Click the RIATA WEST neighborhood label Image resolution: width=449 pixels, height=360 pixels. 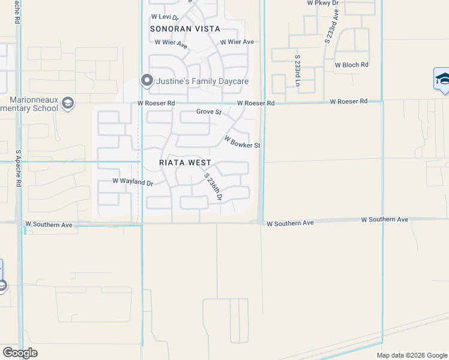(x=185, y=163)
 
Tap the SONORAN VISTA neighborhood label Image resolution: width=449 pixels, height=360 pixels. (x=185, y=29)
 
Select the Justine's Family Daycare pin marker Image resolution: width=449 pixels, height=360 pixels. (x=146, y=80)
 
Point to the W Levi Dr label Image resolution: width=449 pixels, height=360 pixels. (x=165, y=17)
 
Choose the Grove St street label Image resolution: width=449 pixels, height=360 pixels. (x=209, y=112)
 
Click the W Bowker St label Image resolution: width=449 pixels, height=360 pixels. (x=242, y=142)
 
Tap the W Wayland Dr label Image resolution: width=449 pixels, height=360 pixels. (x=133, y=181)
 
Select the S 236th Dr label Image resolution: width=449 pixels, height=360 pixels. (x=213, y=187)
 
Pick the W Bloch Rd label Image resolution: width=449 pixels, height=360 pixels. (x=351, y=65)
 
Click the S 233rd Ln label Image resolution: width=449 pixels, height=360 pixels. (x=297, y=70)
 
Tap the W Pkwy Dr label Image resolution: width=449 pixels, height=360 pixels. (x=323, y=3)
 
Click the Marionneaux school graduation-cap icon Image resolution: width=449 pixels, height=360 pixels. (x=67, y=103)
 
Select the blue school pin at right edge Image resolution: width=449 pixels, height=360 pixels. (x=442, y=79)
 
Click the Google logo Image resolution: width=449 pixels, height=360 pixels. (x=20, y=353)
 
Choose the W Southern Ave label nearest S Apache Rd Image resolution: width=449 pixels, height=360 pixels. (x=49, y=225)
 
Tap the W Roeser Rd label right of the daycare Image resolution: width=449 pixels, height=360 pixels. (x=255, y=103)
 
